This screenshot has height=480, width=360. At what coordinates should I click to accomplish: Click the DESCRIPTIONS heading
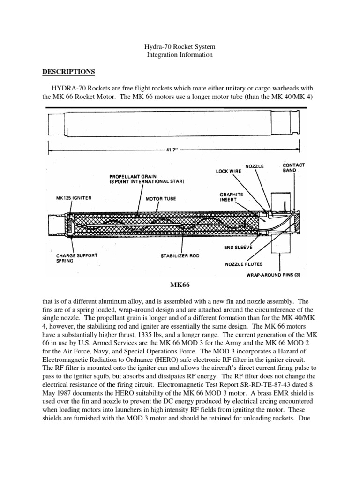[x=69, y=72]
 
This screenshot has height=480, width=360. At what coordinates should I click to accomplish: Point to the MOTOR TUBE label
[x=160, y=198]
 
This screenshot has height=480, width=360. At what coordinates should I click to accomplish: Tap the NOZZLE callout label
[x=255, y=166]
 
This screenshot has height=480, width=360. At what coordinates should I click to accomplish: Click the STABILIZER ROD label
[x=176, y=256]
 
